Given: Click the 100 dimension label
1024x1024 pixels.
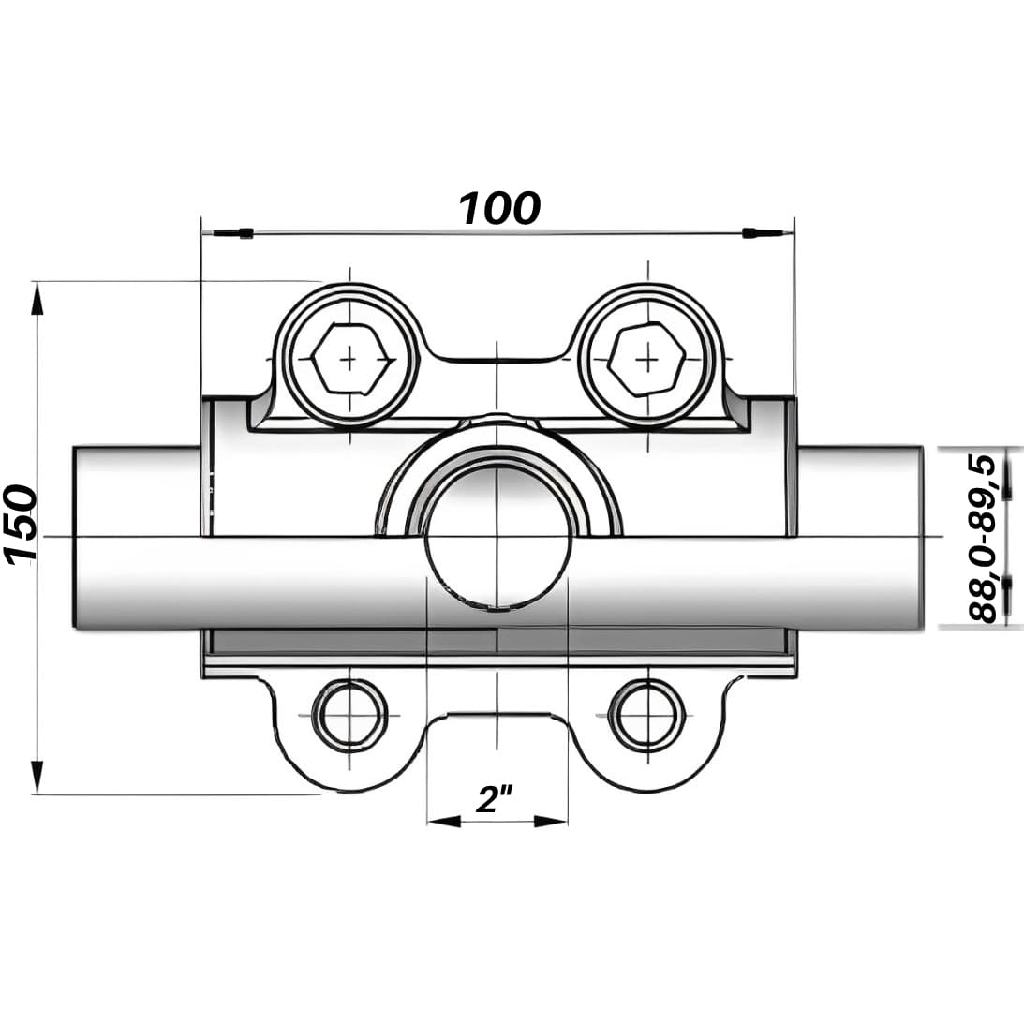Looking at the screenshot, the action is (499, 208).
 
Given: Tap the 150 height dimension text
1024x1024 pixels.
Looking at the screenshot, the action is (20, 525).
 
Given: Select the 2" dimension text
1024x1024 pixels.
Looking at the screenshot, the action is (495, 799).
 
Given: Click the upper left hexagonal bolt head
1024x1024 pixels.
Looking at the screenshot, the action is (350, 359).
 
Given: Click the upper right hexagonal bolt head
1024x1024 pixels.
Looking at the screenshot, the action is (647, 359).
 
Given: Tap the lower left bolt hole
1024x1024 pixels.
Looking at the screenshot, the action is (350, 715).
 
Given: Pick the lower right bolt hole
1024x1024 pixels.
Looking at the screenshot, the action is (647, 715).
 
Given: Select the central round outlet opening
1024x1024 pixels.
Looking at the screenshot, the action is (497, 538).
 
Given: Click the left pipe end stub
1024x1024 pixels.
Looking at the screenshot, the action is (137, 537).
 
